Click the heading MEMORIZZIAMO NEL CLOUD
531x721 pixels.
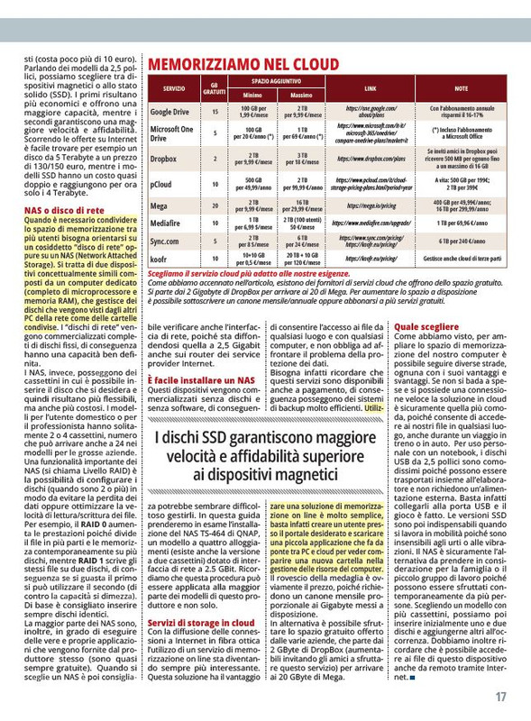243,64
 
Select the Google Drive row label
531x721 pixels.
169,112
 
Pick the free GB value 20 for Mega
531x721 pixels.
215,205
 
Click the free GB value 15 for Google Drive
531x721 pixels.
215,112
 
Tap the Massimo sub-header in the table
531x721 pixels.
301,96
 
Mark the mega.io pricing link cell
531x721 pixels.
371,205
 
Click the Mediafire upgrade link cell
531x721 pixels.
371,222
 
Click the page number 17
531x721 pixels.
500,697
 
